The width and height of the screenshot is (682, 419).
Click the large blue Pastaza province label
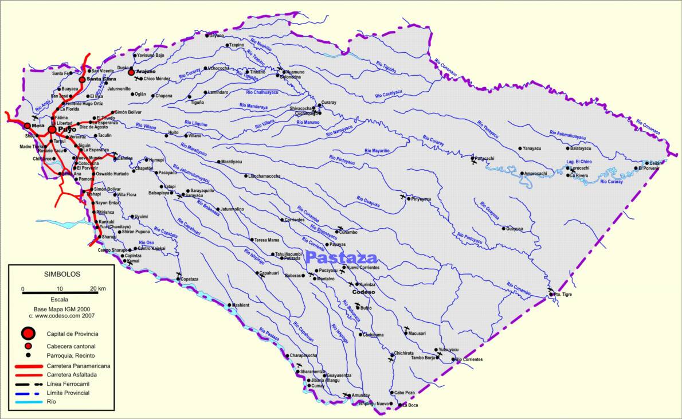342,257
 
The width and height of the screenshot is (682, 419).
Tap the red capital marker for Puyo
52,130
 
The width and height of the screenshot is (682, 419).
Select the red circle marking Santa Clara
82,80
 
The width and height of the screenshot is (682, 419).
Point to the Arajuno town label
146,71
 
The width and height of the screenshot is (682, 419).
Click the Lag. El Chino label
579,162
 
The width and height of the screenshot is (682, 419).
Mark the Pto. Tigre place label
563,294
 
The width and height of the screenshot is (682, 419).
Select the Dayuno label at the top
217,36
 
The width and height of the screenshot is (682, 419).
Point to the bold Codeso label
363,292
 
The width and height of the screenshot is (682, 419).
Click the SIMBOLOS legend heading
62,275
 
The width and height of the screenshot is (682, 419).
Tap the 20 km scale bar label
98,288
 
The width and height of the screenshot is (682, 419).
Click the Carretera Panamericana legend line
26,365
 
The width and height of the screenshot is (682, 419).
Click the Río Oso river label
146,243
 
